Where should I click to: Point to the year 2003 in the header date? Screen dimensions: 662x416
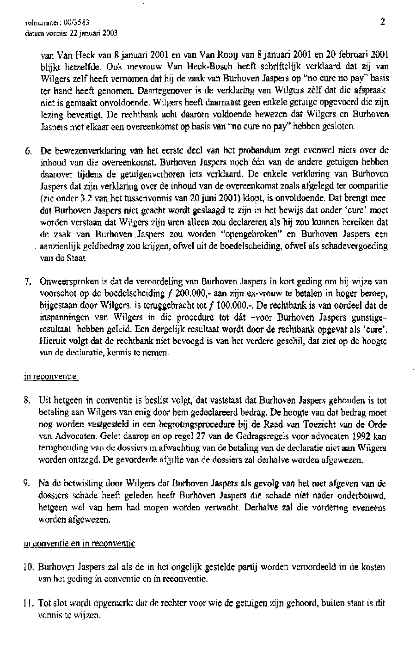click(110, 32)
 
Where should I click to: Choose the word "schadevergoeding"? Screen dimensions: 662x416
click(356, 246)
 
